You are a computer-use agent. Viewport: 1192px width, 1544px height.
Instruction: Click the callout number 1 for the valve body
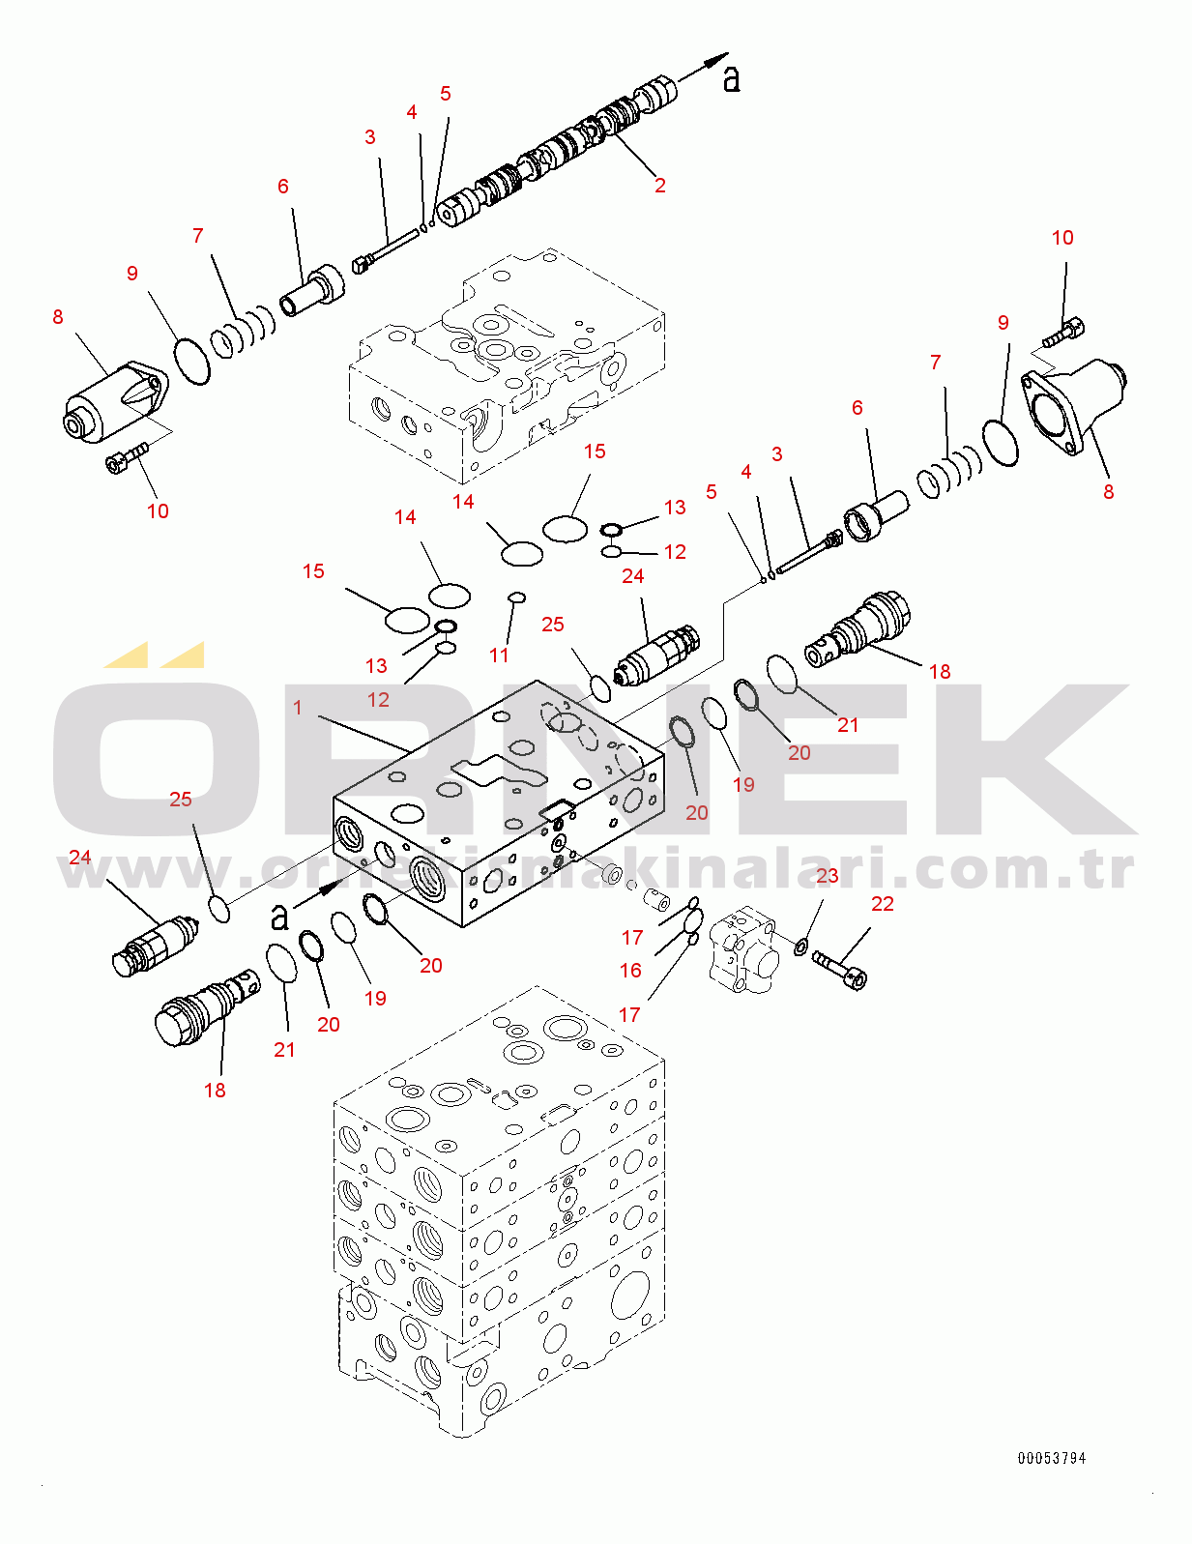point(298,709)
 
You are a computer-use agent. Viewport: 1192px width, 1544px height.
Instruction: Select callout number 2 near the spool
point(660,185)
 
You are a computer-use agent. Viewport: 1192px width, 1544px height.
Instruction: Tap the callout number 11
point(499,655)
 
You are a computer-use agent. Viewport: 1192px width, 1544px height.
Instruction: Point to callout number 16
point(630,970)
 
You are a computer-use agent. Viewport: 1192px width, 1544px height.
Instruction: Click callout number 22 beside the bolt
point(883,904)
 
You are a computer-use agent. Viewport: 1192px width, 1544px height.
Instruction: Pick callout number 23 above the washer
point(828,876)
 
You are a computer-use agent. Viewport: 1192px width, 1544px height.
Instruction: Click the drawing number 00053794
point(1051,1458)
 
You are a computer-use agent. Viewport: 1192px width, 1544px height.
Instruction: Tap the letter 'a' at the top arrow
point(732,78)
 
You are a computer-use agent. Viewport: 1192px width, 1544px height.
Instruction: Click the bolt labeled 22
point(839,969)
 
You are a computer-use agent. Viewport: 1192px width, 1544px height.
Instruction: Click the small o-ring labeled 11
point(516,597)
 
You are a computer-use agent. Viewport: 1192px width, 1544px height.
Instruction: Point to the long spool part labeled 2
point(561,150)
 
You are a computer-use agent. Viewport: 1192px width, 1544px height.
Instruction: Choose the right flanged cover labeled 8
point(1073,403)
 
